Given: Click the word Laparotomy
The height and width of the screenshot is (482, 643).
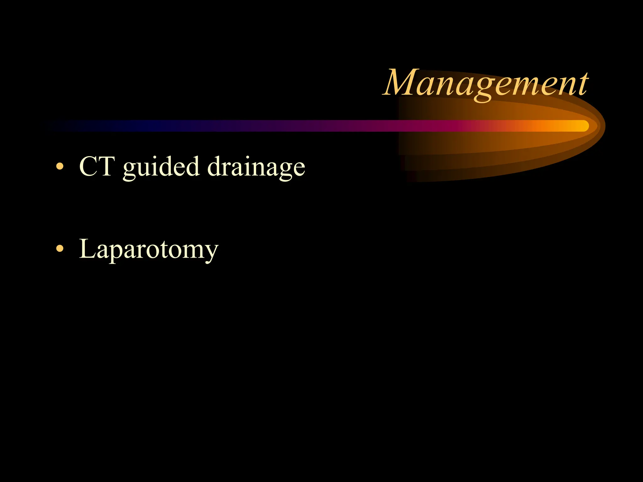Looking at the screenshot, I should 149,249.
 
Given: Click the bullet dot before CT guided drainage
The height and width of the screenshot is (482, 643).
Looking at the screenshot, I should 59,166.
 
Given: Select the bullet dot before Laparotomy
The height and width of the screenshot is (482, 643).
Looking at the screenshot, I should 59,249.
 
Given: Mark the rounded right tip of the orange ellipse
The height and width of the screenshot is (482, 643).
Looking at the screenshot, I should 603,126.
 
